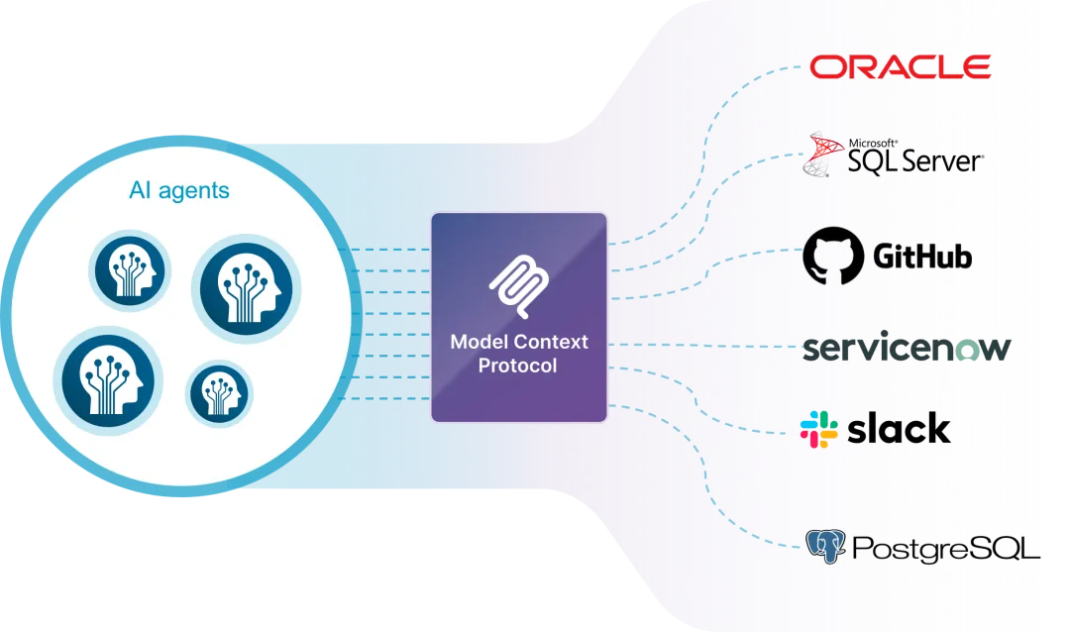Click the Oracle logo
[x=901, y=67]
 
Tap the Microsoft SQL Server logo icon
[x=823, y=154]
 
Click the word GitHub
[x=922, y=258]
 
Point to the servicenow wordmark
[x=906, y=349]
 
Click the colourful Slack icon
[x=819, y=429]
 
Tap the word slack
[x=899, y=428]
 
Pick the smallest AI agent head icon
[x=219, y=393]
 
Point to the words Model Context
[x=518, y=342]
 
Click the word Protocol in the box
[x=517, y=366]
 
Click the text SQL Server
[x=914, y=160]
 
